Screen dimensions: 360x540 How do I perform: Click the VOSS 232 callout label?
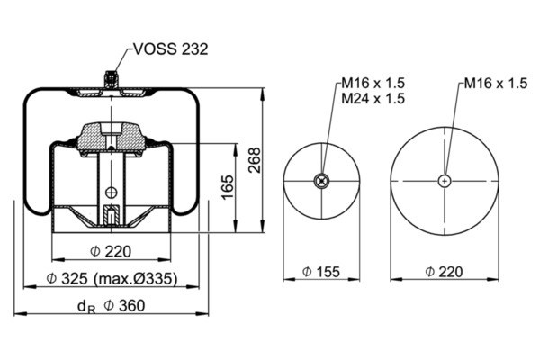point(171,49)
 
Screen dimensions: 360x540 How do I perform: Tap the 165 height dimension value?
point(227,187)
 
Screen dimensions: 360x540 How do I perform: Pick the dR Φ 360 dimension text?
point(112,306)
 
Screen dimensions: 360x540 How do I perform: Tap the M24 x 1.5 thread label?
point(373,98)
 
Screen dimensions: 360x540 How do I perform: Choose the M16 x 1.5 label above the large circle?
point(495,84)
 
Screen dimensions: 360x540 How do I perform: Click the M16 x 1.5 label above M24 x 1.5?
point(373,84)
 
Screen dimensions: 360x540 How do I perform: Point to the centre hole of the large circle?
point(445,182)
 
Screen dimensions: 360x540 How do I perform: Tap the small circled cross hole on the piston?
point(111,192)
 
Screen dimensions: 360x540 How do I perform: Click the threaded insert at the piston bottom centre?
point(110,216)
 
